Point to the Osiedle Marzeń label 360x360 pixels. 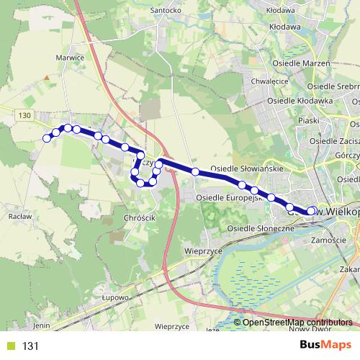(x=301, y=63)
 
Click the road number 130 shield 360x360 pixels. (x=25, y=116)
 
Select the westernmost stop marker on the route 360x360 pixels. (x=47, y=138)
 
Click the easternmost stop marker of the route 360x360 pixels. (x=312, y=211)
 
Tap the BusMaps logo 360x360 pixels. (x=325, y=346)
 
